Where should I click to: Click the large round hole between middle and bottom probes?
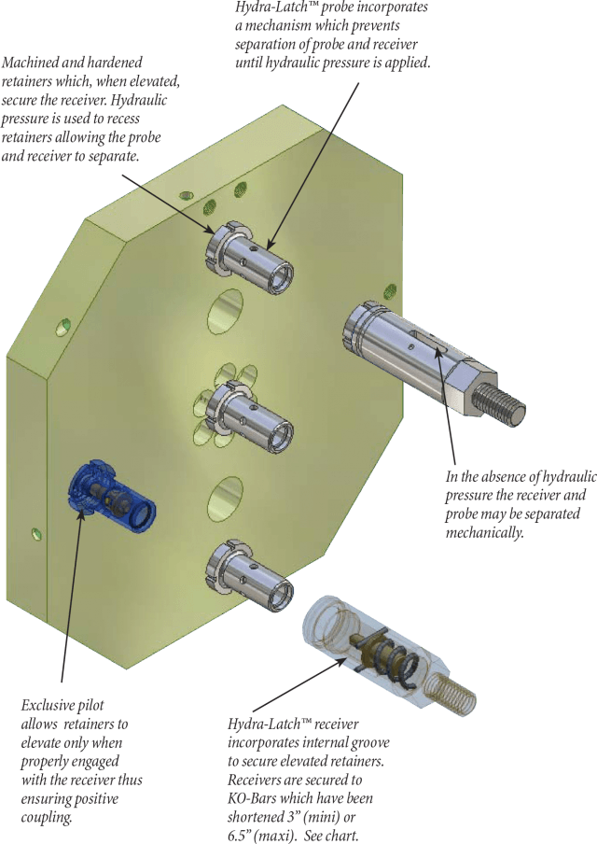click(x=225, y=499)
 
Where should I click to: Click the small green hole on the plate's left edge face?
click(x=36, y=535)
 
